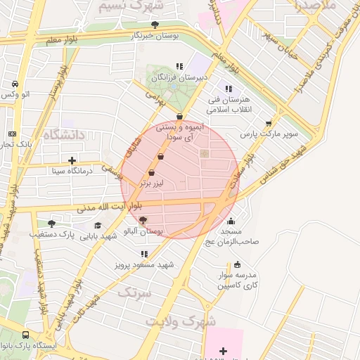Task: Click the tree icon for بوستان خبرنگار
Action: pos(155,25)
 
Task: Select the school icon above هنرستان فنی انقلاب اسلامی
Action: pos(228,89)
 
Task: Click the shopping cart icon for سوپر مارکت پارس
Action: pos(269,123)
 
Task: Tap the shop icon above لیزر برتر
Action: pos(151,173)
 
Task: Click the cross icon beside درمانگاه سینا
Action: pos(72,160)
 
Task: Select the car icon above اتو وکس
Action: pos(15,84)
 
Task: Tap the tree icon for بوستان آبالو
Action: pos(143,221)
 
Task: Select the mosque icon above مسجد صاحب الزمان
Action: pos(231,221)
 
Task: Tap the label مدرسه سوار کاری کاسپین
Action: pos(237,281)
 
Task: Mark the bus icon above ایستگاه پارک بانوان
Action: pos(26,335)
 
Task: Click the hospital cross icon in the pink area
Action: pos(224,350)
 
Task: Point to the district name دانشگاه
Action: pos(63,134)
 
